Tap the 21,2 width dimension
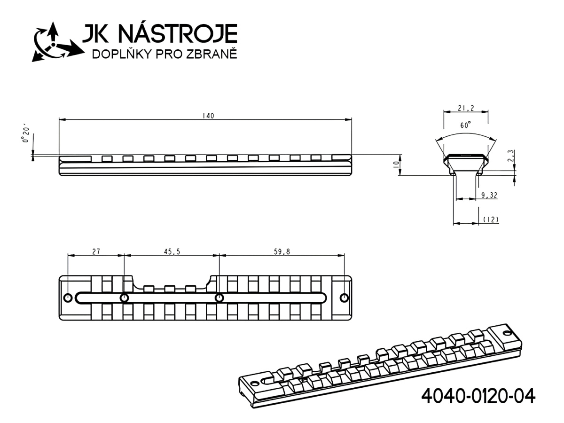click(466, 109)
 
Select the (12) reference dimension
click(490, 219)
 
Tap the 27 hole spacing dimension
click(95, 251)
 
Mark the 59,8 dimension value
click(281, 251)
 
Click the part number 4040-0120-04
click(478, 398)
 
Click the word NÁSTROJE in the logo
click(178, 34)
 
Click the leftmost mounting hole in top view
click(68, 298)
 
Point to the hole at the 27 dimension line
click(125, 298)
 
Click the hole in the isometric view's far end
click(507, 333)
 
